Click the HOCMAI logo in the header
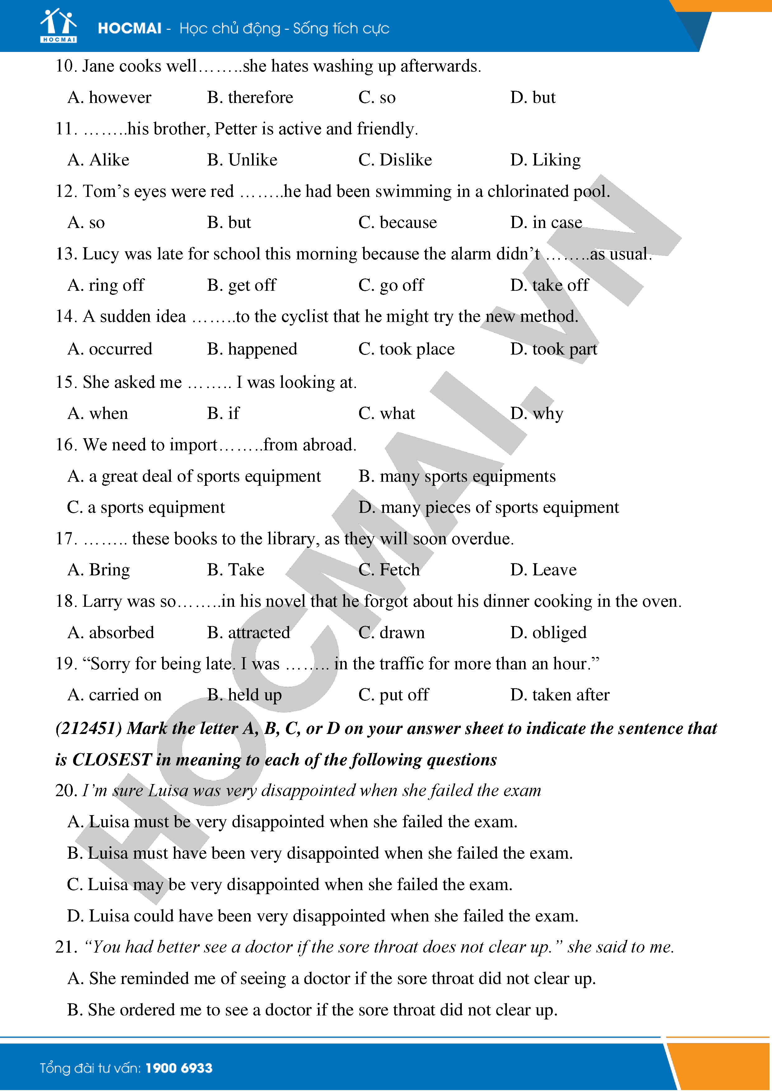point(58,26)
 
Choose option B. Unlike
point(242,160)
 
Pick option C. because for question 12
point(397,223)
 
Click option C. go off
point(391,285)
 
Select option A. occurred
point(110,349)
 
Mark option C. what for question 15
point(386,414)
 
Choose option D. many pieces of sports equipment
point(489,508)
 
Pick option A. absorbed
point(111,633)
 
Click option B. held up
point(244,695)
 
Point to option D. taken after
point(559,695)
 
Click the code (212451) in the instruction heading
point(89,728)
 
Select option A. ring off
point(105,285)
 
